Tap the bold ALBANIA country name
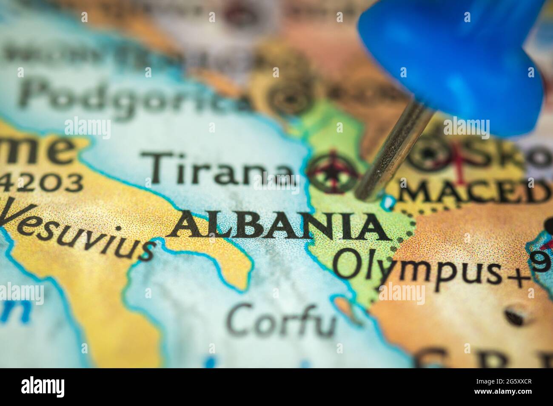[276, 226]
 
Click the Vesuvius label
[77, 230]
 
